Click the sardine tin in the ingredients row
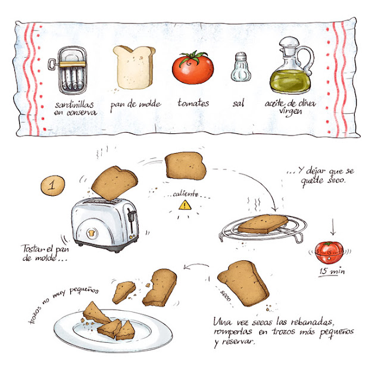(x=72, y=70)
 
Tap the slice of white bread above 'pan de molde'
(x=134, y=67)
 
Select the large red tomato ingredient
(x=193, y=68)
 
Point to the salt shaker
(x=241, y=67)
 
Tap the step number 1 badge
(x=53, y=185)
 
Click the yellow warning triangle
(x=185, y=205)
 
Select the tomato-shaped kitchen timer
(x=329, y=252)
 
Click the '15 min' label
(x=332, y=271)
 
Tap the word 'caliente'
(x=185, y=194)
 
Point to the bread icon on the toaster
(x=92, y=233)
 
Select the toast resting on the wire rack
(x=263, y=224)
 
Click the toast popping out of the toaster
(x=114, y=183)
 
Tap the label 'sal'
(x=238, y=103)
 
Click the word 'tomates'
(x=193, y=103)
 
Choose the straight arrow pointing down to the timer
(x=333, y=227)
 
